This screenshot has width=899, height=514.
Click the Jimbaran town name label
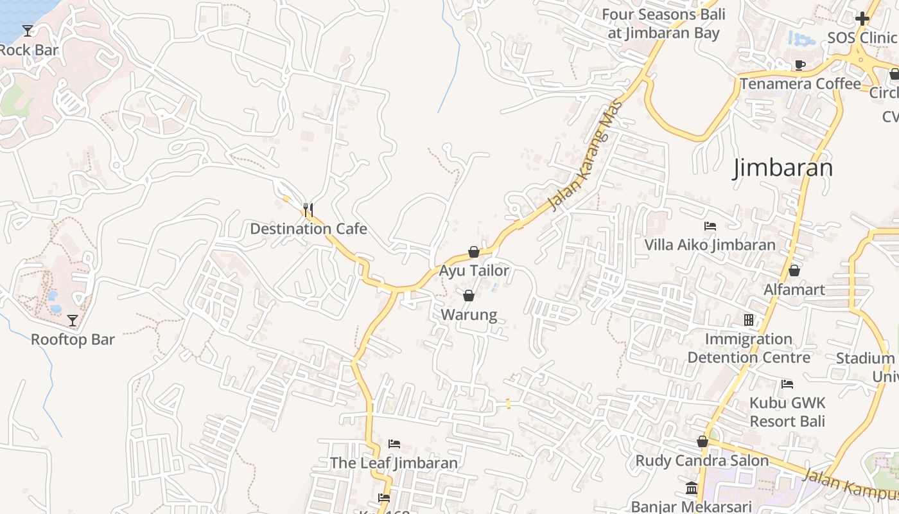click(x=783, y=168)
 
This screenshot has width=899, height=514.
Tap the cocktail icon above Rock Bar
click(x=28, y=30)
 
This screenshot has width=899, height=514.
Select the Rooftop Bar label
click(x=73, y=339)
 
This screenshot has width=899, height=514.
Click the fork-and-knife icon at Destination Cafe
click(x=308, y=209)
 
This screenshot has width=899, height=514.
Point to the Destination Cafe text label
click(x=308, y=229)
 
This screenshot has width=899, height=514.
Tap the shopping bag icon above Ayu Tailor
click(x=474, y=252)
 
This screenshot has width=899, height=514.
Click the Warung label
click(x=469, y=315)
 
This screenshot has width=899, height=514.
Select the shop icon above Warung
click(x=469, y=296)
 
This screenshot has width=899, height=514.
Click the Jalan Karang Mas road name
click(x=586, y=156)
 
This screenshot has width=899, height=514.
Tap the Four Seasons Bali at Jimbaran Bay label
click(x=663, y=24)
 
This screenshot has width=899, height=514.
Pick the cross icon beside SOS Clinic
click(x=862, y=19)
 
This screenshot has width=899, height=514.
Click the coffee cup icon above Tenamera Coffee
click(x=799, y=65)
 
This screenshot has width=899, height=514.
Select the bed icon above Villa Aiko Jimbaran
click(x=710, y=226)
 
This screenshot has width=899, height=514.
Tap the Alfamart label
click(x=794, y=290)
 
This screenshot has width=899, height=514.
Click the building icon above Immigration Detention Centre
click(x=749, y=319)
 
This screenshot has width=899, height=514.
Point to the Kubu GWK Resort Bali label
click(x=787, y=412)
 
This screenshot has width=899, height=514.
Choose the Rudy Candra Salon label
click(x=702, y=461)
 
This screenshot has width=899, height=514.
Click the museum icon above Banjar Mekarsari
click(x=692, y=488)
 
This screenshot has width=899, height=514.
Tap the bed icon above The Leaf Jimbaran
click(x=394, y=444)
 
